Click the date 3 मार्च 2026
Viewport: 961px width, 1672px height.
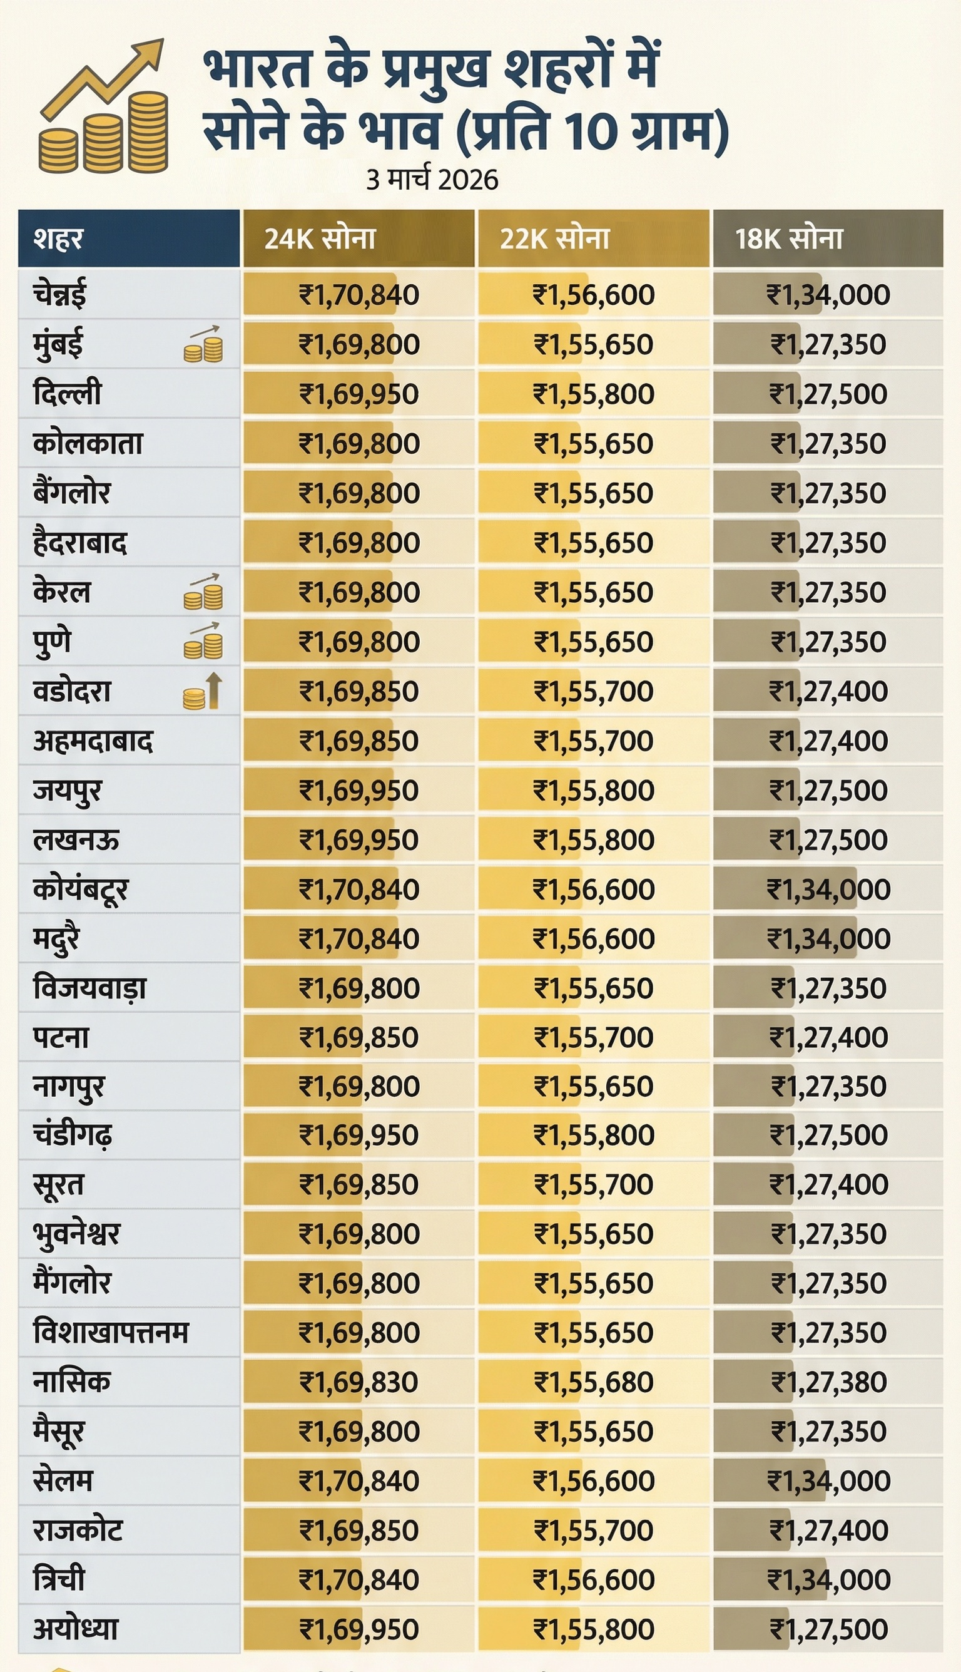(432, 180)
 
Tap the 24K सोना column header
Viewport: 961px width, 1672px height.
(320, 238)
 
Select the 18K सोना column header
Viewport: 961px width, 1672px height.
(789, 238)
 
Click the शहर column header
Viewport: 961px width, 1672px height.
(58, 238)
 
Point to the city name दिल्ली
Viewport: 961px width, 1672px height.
(68, 394)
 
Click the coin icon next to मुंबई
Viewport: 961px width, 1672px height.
(203, 345)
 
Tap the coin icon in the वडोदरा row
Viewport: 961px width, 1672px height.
(202, 691)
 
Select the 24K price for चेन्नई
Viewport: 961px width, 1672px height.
(359, 294)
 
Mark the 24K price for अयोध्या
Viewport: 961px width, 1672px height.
(359, 1629)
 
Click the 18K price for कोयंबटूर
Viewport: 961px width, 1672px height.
(828, 890)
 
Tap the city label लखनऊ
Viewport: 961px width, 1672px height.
(76, 840)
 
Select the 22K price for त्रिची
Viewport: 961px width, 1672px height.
(593, 1579)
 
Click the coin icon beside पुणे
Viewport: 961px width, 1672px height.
(203, 642)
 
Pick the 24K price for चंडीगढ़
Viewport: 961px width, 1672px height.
(359, 1135)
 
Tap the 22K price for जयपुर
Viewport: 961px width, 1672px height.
(593, 791)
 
